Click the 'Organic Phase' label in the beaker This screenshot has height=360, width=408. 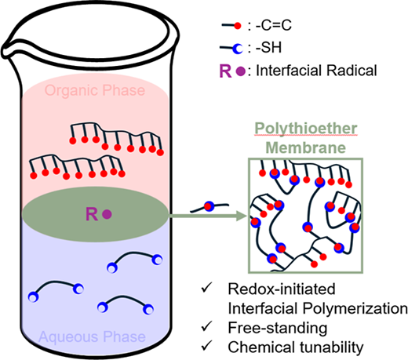pyautogui.click(x=95, y=90)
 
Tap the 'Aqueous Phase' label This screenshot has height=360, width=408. pyautogui.click(x=92, y=336)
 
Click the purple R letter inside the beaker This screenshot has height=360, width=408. pyautogui.click(x=92, y=214)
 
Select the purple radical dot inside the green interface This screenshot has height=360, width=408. pyautogui.click(x=107, y=215)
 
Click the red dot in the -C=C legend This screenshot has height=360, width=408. pyautogui.click(x=238, y=26)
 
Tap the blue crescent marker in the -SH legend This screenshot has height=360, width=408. pyautogui.click(x=238, y=49)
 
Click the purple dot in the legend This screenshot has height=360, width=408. pyautogui.click(x=241, y=71)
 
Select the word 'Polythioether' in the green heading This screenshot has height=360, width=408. pyautogui.click(x=306, y=129)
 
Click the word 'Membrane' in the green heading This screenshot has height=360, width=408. pyautogui.click(x=306, y=147)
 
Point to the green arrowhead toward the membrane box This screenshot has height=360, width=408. pyautogui.click(x=242, y=216)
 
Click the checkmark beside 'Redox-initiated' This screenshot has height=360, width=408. pyautogui.click(x=206, y=288)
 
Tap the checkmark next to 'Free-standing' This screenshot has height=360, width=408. pyautogui.click(x=206, y=326)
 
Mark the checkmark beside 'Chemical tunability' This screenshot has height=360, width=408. pyautogui.click(x=206, y=346)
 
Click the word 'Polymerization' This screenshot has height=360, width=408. pyautogui.click(x=355, y=309)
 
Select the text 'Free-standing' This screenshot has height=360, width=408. pyautogui.click(x=278, y=328)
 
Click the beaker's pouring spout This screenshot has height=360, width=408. pyautogui.click(x=7, y=49)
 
